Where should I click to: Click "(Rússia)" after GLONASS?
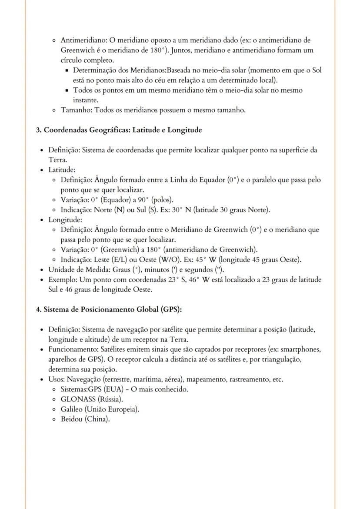(x=110, y=399)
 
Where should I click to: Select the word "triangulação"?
(x=282, y=359)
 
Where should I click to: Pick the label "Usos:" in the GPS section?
(x=57, y=379)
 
